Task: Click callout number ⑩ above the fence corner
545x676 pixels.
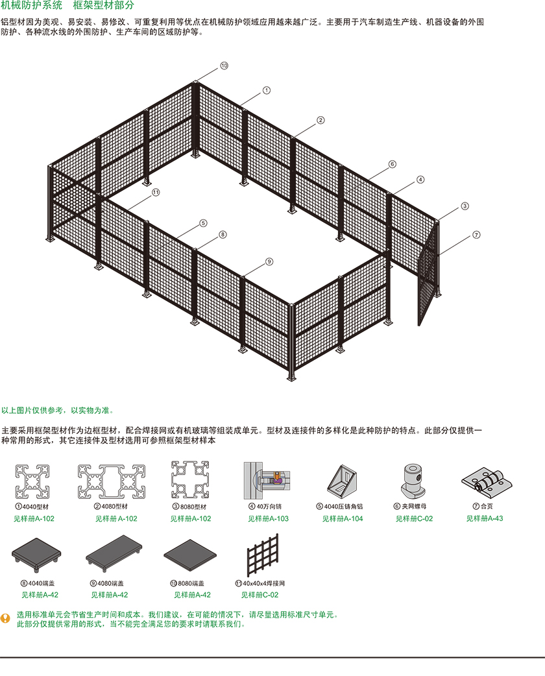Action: [224, 66]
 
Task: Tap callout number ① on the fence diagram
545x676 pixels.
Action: [267, 91]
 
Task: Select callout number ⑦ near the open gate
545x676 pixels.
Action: [476, 235]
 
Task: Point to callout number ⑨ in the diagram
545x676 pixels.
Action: [269, 261]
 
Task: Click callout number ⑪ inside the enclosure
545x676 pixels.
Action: [156, 192]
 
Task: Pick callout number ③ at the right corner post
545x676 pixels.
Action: [465, 206]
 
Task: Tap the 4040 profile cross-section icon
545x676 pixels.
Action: [32, 481]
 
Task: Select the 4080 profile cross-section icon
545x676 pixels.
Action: [111, 481]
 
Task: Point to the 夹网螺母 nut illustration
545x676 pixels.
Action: [413, 481]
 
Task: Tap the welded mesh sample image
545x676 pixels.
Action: [263, 555]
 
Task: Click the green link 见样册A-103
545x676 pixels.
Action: [268, 518]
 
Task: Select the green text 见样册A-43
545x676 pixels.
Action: [485, 518]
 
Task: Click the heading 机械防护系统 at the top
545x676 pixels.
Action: [32, 5]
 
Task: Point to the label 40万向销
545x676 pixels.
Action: [269, 506]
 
